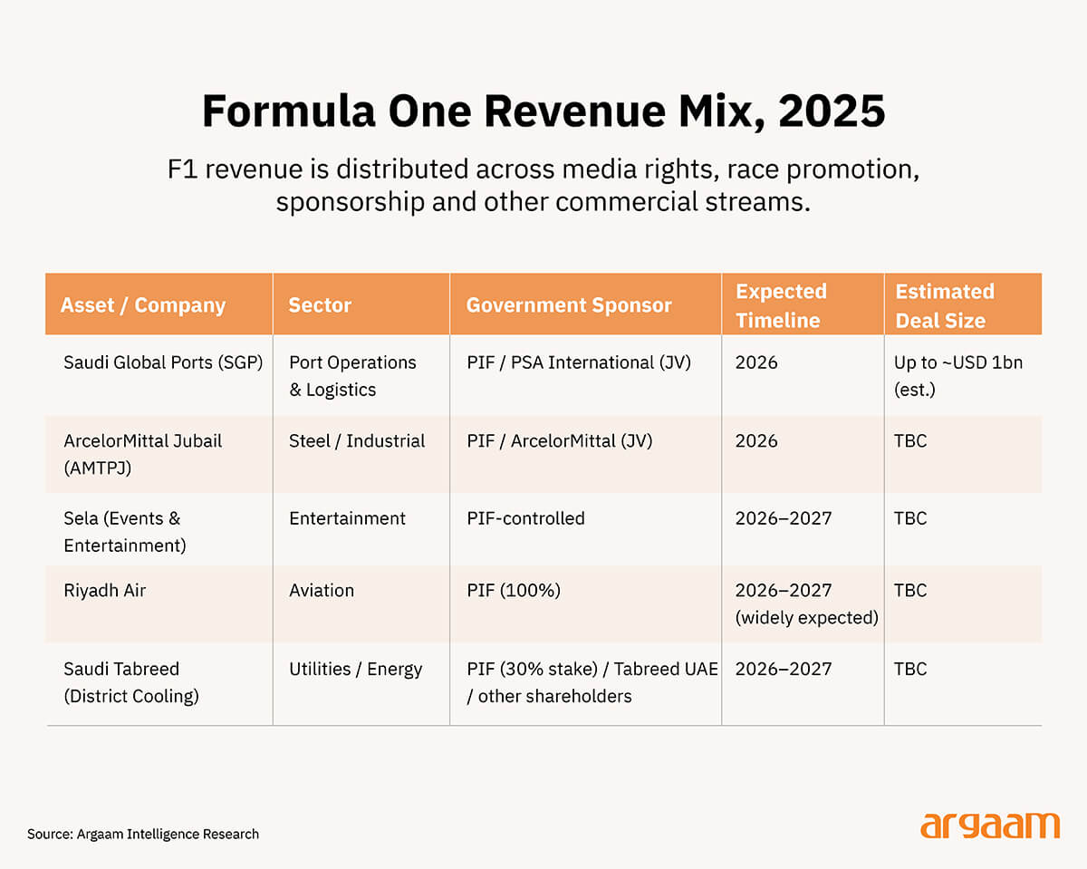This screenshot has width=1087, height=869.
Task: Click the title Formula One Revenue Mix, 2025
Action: tap(543, 111)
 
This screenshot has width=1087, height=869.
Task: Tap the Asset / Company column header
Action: tap(143, 305)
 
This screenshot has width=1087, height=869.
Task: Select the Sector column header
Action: tap(320, 305)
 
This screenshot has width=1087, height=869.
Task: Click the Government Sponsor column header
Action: tap(569, 305)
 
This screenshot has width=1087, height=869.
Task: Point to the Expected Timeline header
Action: tap(781, 305)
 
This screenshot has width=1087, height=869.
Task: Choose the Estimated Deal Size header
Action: tap(945, 305)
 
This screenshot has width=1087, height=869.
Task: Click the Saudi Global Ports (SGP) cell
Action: tap(163, 362)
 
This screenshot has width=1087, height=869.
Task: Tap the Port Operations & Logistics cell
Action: tap(352, 376)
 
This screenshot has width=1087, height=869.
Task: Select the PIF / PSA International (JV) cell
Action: tap(579, 362)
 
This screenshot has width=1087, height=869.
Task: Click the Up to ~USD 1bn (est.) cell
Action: tap(958, 376)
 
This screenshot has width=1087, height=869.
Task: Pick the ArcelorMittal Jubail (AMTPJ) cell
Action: tap(143, 454)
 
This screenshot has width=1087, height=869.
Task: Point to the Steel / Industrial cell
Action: tap(357, 441)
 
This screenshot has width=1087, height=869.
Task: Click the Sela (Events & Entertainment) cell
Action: tap(125, 532)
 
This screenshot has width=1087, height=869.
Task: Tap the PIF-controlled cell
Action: tap(525, 518)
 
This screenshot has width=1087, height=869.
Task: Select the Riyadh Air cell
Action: tap(104, 591)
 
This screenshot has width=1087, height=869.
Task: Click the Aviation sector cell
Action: tap(322, 591)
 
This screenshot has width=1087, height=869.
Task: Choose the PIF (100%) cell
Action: tap(514, 591)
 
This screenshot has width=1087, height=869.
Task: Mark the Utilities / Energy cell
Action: tap(356, 670)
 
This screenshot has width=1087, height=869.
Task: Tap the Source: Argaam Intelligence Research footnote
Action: tap(143, 835)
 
